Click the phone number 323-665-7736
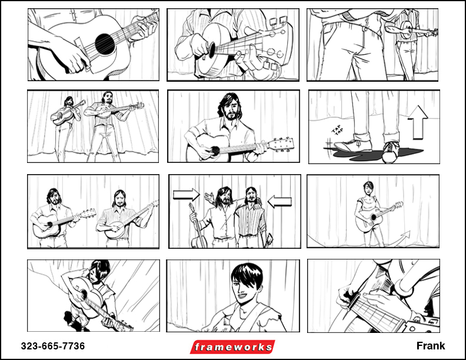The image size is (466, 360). [53, 346]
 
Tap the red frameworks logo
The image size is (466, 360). [232, 347]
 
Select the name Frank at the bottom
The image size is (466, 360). [431, 346]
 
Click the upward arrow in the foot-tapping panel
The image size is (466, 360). [418, 122]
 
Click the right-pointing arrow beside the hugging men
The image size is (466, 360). [187, 194]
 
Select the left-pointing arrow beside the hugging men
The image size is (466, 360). [279, 201]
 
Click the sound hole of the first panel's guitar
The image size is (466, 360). [105, 44]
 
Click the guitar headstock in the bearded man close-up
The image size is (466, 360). [281, 145]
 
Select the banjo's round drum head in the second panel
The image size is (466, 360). [212, 49]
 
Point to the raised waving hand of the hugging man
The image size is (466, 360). [209, 197]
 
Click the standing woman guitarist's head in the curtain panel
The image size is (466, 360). [368, 189]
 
